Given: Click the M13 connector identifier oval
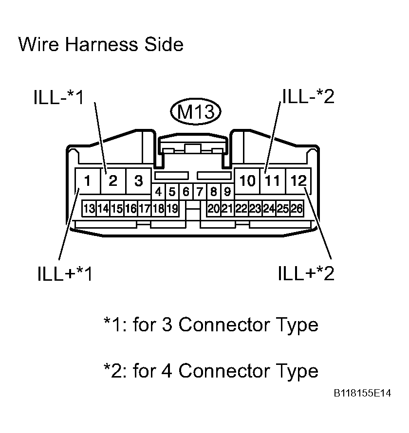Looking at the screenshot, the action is (x=196, y=111).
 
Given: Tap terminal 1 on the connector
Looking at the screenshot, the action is (x=88, y=181).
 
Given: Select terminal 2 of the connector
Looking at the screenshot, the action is (x=113, y=181).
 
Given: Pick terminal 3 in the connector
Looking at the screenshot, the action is (x=138, y=181).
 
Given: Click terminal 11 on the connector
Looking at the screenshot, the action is (x=273, y=181).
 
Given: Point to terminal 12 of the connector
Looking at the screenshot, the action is (x=298, y=181).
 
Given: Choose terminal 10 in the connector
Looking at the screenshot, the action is (x=247, y=181).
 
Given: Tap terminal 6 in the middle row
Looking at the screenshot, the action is (x=186, y=191).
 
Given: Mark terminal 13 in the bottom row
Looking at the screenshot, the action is (x=89, y=209).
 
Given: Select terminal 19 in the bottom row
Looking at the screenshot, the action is (x=172, y=209).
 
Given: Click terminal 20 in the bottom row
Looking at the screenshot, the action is (x=214, y=209).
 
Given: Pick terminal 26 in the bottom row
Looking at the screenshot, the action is (x=297, y=209).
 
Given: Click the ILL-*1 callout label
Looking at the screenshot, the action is (x=58, y=97).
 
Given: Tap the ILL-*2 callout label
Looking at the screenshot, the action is (x=308, y=96).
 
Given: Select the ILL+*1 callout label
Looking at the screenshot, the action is (x=65, y=273).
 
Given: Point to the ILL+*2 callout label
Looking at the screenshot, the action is (x=306, y=273).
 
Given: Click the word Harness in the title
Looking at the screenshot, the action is (x=101, y=44).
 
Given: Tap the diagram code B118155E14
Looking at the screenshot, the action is (x=362, y=393).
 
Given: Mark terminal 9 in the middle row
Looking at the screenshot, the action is (x=227, y=191).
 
